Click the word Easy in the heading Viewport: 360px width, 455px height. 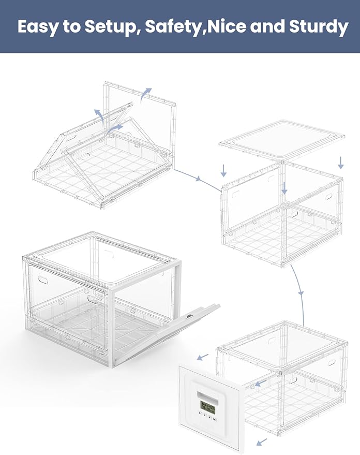click(37, 27)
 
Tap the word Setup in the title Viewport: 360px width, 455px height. click(111, 27)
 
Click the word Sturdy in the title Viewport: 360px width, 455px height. click(319, 27)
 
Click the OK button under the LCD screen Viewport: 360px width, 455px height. click(215, 420)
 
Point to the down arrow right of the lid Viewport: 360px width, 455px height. click(341, 163)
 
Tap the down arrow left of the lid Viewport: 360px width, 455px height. click(223, 171)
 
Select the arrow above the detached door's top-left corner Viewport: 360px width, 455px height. click(203, 357)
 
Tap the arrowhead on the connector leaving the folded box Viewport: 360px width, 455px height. click(199, 179)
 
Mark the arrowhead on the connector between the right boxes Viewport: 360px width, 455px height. click(301, 293)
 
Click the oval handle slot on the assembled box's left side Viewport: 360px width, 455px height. click(42, 280)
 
